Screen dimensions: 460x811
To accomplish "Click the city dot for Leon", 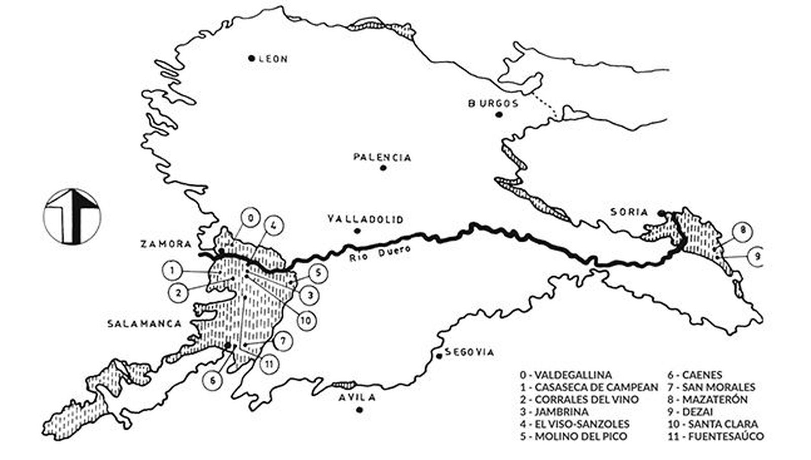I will (x=251, y=58).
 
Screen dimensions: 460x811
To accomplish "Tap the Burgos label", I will (x=493, y=104).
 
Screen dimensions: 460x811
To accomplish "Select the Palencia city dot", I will (x=383, y=168).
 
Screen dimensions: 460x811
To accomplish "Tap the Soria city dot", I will (x=661, y=212).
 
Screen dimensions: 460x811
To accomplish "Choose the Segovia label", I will (x=468, y=353).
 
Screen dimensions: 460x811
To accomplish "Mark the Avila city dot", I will (x=359, y=410).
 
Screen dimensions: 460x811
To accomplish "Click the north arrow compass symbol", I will (x=72, y=216).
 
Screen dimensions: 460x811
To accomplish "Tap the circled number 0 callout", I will (x=250, y=218).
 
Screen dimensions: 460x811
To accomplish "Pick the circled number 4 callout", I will (x=273, y=226).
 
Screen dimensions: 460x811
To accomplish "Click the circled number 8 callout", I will (x=743, y=232).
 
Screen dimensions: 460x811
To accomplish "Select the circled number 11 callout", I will (x=269, y=363).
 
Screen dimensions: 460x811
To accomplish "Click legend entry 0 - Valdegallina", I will (x=565, y=375).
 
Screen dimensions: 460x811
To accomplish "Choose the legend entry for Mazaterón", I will (x=708, y=400).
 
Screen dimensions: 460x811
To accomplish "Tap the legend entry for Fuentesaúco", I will (x=716, y=436).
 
